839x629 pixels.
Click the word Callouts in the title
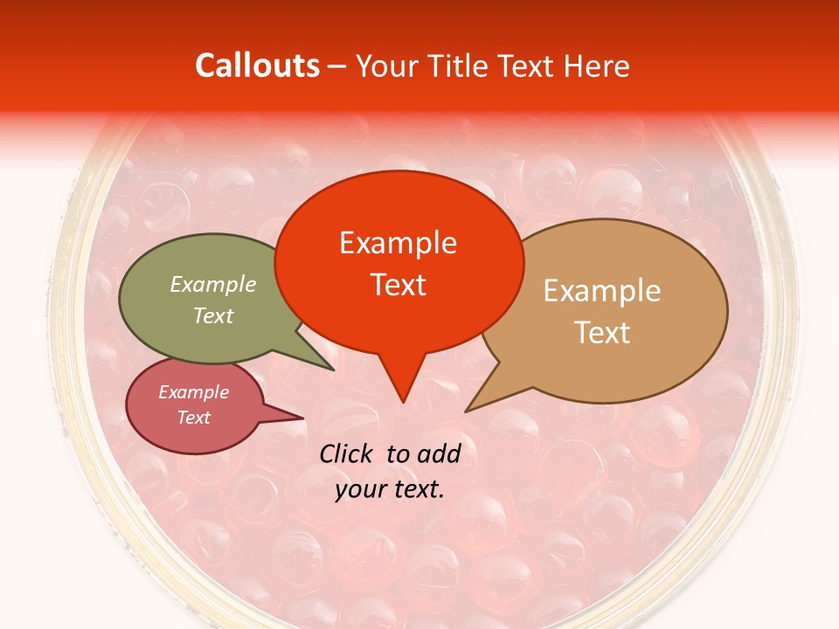coord(257,66)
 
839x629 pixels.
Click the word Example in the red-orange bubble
coord(398,243)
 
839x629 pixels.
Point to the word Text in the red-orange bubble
coord(398,284)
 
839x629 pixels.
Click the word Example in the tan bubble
coord(602,291)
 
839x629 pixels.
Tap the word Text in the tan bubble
coord(602,333)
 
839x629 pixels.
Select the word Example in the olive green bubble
coord(213,284)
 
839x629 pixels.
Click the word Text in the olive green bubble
coord(213,315)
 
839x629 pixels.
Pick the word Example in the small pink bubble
coord(194,392)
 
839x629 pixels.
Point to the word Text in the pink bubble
coord(194,418)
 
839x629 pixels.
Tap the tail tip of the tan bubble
coord(467,411)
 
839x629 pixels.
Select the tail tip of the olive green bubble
coord(333,370)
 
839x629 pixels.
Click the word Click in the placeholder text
coord(347,453)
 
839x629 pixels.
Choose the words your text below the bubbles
coord(390,489)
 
